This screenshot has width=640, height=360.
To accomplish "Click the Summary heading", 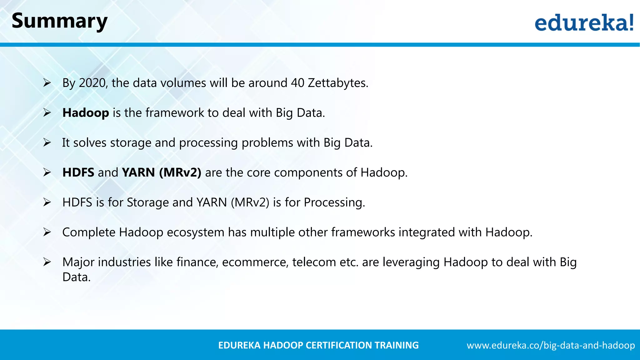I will pyautogui.click(x=59, y=21).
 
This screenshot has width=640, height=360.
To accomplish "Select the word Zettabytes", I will pyautogui.click(x=337, y=83).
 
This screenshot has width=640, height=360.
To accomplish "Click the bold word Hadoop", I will pyautogui.click(x=86, y=113).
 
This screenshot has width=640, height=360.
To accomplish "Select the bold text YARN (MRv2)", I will pyautogui.click(x=162, y=172).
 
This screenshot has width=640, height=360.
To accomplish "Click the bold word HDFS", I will pyautogui.click(x=78, y=172).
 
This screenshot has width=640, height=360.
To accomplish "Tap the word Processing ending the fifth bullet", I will pyautogui.click(x=334, y=202).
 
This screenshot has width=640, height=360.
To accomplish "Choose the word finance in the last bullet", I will pyautogui.click(x=197, y=262).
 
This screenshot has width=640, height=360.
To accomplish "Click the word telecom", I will pyautogui.click(x=314, y=262).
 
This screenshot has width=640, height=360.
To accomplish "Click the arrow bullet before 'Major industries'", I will pyautogui.click(x=47, y=262).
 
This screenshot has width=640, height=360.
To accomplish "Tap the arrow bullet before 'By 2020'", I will pyautogui.click(x=47, y=83).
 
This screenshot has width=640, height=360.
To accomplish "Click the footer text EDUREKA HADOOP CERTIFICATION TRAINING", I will pyautogui.click(x=318, y=345).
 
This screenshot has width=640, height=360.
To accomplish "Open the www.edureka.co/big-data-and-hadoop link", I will pyautogui.click(x=551, y=345).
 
